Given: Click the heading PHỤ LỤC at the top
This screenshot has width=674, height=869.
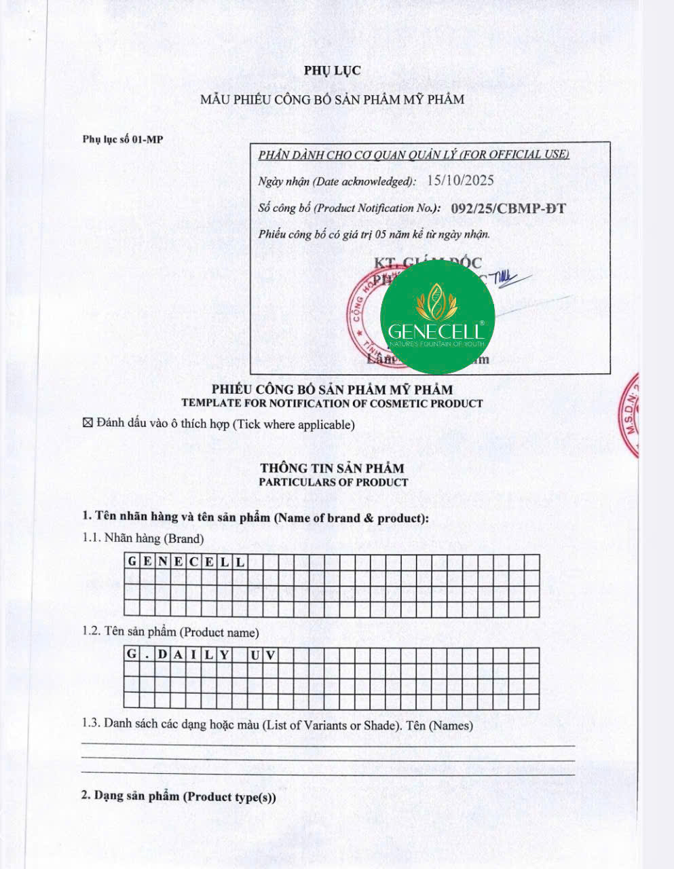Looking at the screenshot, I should coord(332,71).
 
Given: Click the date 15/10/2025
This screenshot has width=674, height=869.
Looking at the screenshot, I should coord(460,181).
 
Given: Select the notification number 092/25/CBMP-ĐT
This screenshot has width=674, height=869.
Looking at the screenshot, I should coord(508,208).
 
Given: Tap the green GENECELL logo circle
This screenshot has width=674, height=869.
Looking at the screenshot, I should coord(437,317).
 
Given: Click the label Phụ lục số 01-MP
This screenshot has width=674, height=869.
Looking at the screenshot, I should coord(123,139).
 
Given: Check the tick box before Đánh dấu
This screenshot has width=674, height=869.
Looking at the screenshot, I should coord(87,424).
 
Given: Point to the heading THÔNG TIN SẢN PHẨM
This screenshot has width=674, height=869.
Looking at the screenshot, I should coord(332,468).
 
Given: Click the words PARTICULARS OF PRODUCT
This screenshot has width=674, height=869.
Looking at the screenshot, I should coord(333,482).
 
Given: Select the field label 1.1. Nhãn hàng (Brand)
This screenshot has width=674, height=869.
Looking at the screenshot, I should coord(143,538).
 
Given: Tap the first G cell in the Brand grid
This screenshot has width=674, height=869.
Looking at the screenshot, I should coord(132,561).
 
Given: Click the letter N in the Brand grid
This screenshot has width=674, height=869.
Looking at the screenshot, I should coord(162,561).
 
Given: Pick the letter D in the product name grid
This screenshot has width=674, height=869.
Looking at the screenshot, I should coord(162,655).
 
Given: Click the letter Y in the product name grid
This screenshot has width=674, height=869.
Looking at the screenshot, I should coord(223,655).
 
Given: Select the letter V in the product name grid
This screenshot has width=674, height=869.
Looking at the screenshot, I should coord(269,655).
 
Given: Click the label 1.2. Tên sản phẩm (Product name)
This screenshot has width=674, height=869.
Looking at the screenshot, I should coord(170,632).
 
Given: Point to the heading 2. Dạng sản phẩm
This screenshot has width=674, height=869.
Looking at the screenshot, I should coord(179,796).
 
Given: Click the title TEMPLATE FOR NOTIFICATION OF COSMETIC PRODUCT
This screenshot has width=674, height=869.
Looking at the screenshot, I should coord(332,403).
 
